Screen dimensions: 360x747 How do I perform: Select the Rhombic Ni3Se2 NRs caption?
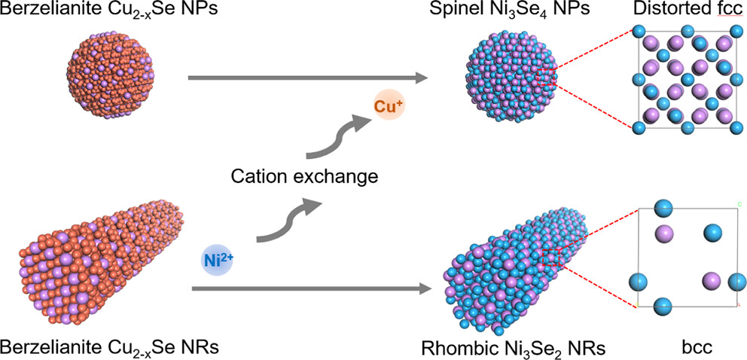click(x=515, y=348)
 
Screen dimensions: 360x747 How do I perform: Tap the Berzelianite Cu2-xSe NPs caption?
click(x=98, y=11)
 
